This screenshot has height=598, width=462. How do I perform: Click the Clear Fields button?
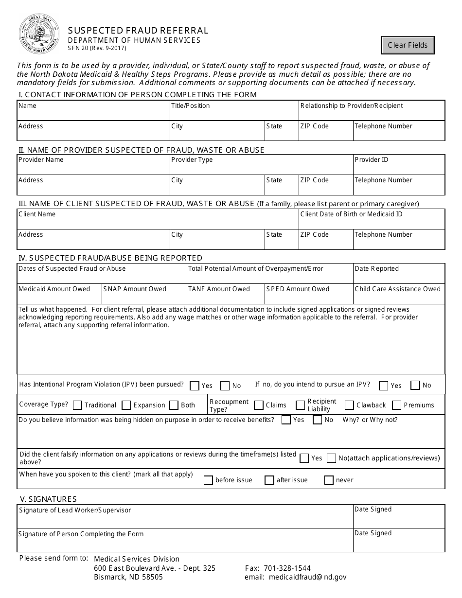click(408, 45)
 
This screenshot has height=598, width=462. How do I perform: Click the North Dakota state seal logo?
click(39, 34)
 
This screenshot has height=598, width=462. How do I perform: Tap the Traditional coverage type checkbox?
click(77, 405)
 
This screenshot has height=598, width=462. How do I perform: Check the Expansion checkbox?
click(126, 405)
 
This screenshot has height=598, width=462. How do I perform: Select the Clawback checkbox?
click(349, 405)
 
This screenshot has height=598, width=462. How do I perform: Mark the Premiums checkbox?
click(396, 405)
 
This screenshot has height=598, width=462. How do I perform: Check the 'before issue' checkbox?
click(208, 480)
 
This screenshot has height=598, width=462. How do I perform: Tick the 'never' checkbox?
click(329, 480)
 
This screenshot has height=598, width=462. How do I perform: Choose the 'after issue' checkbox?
click(269, 480)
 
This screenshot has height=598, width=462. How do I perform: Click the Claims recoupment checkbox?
click(259, 405)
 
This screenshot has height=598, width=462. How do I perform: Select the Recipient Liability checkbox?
click(300, 405)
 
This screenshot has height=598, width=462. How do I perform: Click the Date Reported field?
click(399, 277)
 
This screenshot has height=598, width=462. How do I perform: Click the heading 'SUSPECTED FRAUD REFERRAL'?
click(138, 31)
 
